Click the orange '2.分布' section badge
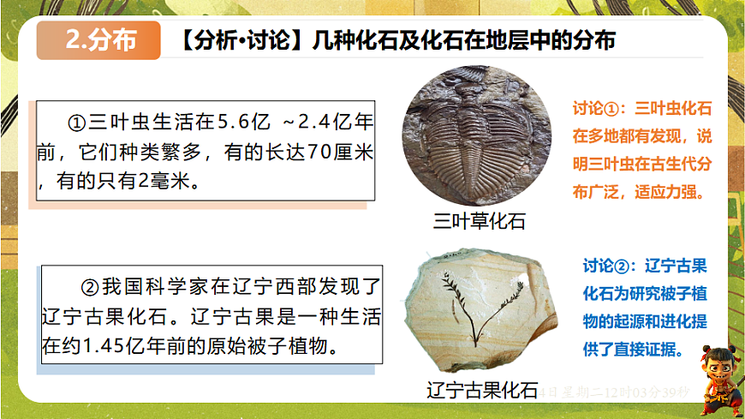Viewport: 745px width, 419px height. point(99,41)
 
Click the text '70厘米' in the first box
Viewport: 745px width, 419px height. point(337,153)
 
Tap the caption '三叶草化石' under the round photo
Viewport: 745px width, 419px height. point(479,221)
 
